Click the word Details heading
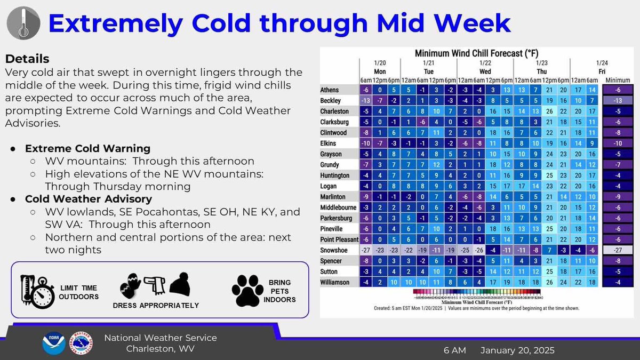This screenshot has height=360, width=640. (x=27, y=59)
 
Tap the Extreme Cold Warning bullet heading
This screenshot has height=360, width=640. (x=87, y=148)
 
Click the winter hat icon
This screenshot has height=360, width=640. (x=180, y=284)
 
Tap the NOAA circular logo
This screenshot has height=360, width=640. (x=54, y=343)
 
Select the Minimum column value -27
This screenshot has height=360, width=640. (x=618, y=251)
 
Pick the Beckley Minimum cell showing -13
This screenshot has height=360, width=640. (x=618, y=100)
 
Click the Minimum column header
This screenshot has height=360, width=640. (x=618, y=79)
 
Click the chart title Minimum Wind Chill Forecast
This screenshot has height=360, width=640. (x=476, y=54)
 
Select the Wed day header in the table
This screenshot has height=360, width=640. (x=485, y=71)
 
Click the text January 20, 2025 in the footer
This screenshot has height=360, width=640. (x=517, y=350)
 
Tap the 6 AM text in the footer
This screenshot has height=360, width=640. (x=454, y=350)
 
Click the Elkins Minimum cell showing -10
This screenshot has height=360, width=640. (x=618, y=143)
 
